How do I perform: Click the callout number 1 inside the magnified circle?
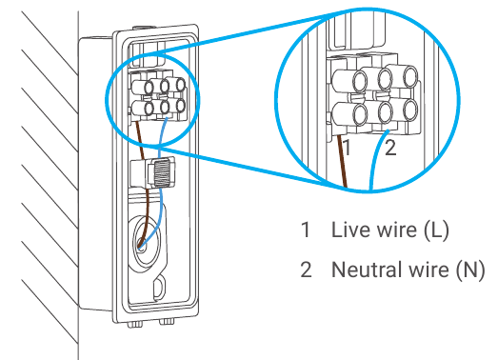click(348, 150)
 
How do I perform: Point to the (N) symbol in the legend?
click(468, 270)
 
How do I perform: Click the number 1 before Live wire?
click(305, 230)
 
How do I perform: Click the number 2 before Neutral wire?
click(306, 270)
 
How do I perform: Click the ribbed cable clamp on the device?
click(162, 174)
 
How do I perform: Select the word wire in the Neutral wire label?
click(424, 270)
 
